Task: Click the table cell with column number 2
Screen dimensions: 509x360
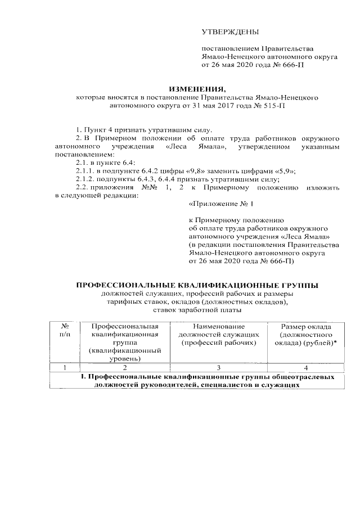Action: [x=125, y=367]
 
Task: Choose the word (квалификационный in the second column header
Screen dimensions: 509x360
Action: [x=125, y=350]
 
